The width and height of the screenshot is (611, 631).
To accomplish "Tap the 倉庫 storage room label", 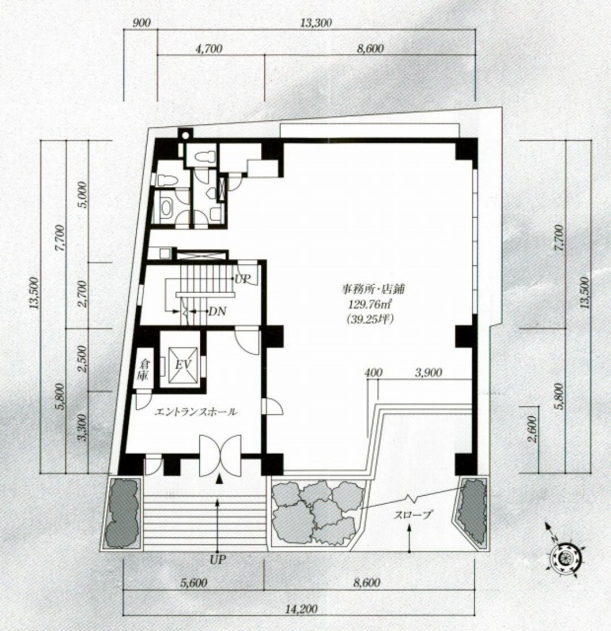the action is pyautogui.click(x=144, y=369).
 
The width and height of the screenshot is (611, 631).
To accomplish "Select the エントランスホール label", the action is pyautogui.click(x=196, y=412).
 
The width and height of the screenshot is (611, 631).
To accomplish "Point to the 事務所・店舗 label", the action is pyautogui.click(x=373, y=288).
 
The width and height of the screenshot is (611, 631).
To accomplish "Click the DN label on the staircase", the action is pyautogui.click(x=218, y=311).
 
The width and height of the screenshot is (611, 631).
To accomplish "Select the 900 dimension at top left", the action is pyautogui.click(x=141, y=23).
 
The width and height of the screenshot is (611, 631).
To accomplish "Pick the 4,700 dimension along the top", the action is pyautogui.click(x=208, y=49).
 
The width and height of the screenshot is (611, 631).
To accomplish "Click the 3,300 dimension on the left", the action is pyautogui.click(x=84, y=427).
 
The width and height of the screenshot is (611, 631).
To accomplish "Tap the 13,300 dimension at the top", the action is pyautogui.click(x=316, y=23).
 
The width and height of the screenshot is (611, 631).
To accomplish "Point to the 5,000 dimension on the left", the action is pyautogui.click(x=84, y=195).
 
